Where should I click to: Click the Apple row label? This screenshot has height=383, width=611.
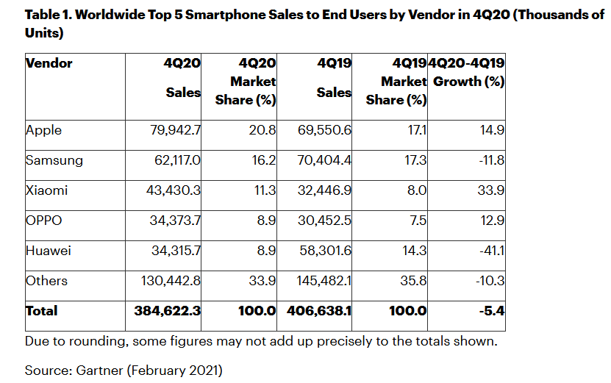(x=43, y=130)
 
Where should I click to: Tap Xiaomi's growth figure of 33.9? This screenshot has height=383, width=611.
(x=490, y=190)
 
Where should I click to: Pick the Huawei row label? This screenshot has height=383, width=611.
(x=48, y=251)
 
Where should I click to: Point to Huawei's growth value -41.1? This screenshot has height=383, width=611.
(x=490, y=251)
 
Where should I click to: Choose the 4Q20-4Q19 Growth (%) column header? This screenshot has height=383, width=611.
(x=467, y=72)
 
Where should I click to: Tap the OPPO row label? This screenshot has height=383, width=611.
(x=44, y=221)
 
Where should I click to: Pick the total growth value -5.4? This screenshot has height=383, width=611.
(x=490, y=311)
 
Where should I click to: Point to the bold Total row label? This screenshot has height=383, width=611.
(x=41, y=311)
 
